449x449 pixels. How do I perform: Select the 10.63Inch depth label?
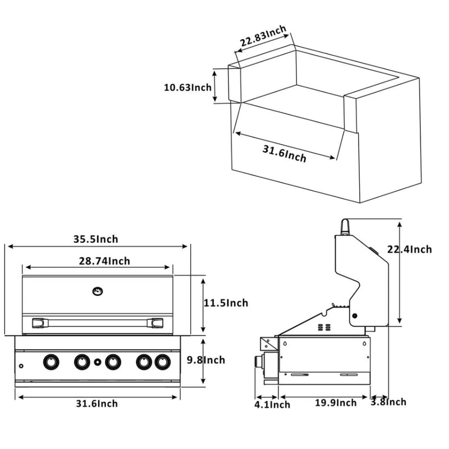(187, 88)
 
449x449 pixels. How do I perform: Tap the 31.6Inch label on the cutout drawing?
(285, 153)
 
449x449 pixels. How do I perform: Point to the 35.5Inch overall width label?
(95, 239)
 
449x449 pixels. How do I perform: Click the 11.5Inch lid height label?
(226, 303)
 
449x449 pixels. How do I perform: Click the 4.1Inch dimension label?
(273, 404)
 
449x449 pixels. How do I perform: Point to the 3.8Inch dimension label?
(388, 402)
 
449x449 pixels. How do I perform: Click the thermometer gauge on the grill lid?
(98, 290)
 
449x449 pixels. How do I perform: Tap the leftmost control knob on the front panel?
(51, 362)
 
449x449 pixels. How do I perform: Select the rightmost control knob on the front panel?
(162, 362)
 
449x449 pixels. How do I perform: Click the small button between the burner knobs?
(98, 362)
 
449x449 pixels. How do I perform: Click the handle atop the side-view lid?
(346, 227)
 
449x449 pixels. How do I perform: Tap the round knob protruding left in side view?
(259, 363)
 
